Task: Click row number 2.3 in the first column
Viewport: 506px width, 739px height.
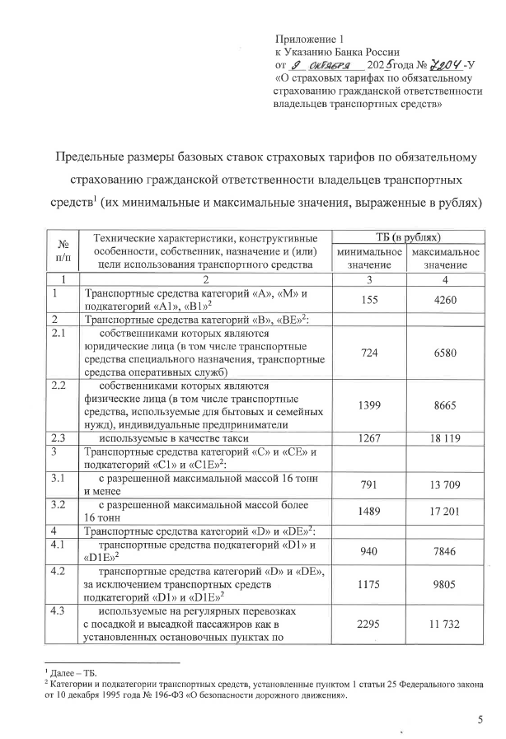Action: (x=59, y=439)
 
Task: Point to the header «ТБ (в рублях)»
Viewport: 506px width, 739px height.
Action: (x=405, y=237)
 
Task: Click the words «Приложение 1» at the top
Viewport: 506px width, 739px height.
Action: (x=307, y=38)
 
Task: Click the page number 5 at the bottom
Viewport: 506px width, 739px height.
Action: (x=480, y=721)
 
